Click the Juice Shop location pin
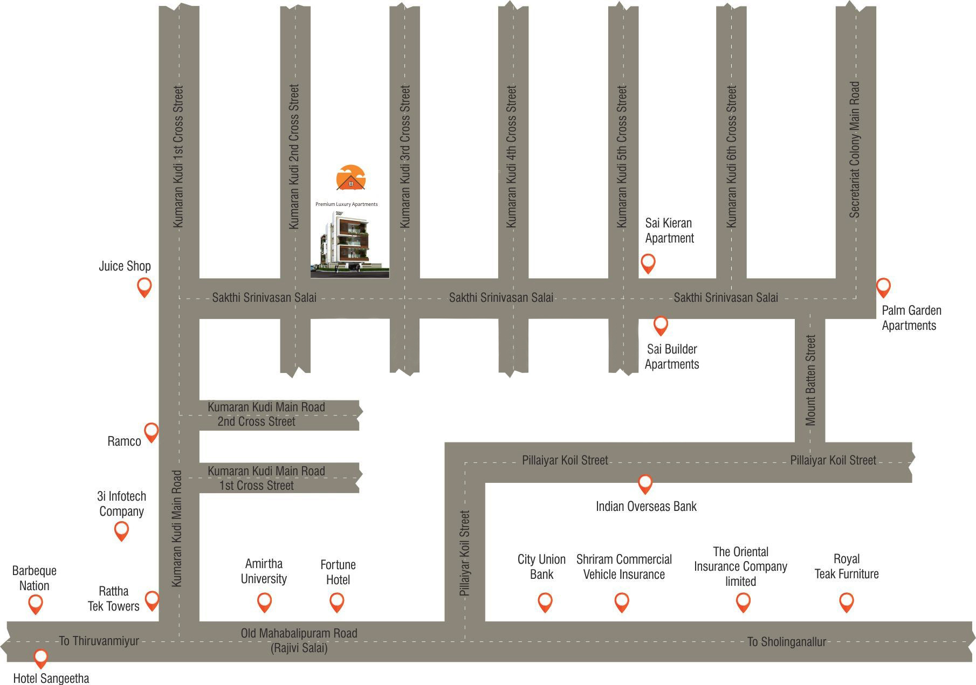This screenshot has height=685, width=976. (x=144, y=286)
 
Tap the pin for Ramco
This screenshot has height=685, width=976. (x=152, y=431)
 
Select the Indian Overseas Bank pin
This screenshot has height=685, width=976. (x=645, y=483)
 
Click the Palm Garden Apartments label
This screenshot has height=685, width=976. (x=911, y=318)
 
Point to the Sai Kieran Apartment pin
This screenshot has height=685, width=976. (x=648, y=263)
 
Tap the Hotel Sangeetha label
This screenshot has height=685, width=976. (x=51, y=678)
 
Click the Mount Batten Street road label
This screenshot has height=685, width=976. (x=810, y=380)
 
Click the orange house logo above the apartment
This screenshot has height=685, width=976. (x=350, y=178)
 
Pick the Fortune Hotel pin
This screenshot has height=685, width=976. (x=336, y=601)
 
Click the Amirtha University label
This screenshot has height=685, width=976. (x=264, y=571)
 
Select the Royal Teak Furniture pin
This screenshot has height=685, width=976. (x=847, y=601)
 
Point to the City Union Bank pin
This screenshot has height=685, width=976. (x=545, y=601)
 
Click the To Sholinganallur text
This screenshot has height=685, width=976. (x=786, y=641)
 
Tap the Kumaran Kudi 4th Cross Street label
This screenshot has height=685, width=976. (x=512, y=156)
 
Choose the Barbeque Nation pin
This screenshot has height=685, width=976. (x=35, y=604)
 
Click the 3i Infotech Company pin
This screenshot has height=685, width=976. (x=122, y=531)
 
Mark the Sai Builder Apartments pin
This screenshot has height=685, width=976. (x=661, y=325)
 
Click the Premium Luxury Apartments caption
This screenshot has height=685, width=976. (x=346, y=204)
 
